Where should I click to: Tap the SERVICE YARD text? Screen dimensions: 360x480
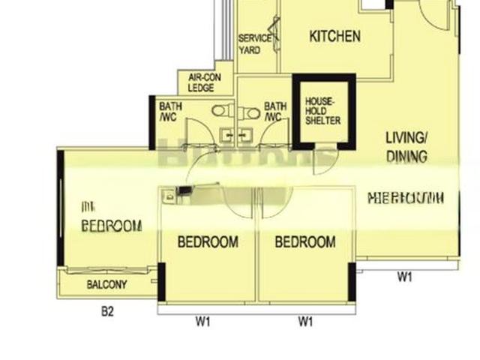click(x=250, y=44)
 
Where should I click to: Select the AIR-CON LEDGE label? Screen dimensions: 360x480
click(x=201, y=82)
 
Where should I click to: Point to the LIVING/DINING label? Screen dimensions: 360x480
click(x=406, y=147)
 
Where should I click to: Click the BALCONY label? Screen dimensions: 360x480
click(x=106, y=284)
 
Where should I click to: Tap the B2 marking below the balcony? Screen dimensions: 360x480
click(x=107, y=311)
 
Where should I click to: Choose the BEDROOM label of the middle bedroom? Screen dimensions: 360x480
click(x=208, y=242)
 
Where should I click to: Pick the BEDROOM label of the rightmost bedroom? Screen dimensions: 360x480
click(x=304, y=242)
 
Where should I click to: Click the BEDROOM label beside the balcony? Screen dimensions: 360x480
click(x=111, y=225)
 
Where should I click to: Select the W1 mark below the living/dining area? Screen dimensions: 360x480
click(x=405, y=277)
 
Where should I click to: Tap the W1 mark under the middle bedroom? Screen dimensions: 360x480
click(x=203, y=322)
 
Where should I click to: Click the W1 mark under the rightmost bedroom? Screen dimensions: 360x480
click(x=305, y=322)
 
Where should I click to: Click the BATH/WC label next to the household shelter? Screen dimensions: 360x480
click(x=274, y=112)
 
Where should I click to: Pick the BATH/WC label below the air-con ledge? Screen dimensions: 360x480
click(x=170, y=112)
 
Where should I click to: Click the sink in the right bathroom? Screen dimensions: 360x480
click(x=244, y=136)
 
